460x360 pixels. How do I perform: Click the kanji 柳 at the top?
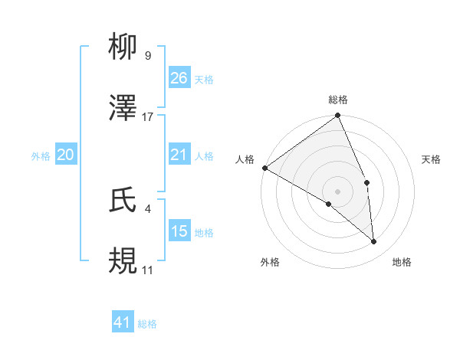pyautogui.click(x=123, y=48)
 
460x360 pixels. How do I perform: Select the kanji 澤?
pyautogui.click(x=123, y=109)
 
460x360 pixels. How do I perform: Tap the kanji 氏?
pyautogui.click(x=123, y=200)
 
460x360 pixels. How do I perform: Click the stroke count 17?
pyautogui.click(x=148, y=117)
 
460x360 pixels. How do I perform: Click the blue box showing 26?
pyautogui.click(x=179, y=78)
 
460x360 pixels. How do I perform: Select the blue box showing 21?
pyautogui.click(x=179, y=155)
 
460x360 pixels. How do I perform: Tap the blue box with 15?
pyautogui.click(x=179, y=231)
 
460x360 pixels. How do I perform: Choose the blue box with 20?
pyautogui.click(x=66, y=155)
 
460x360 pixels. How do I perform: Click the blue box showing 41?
pyautogui.click(x=123, y=323)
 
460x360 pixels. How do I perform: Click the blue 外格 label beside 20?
pyautogui.click(x=41, y=156)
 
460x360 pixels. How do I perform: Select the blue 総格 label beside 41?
pyautogui.click(x=147, y=324)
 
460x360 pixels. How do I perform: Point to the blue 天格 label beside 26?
pyautogui.click(x=203, y=79)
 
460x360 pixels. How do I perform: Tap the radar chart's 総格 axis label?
pyautogui.click(x=338, y=100)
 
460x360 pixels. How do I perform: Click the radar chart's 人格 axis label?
pyautogui.click(x=245, y=159)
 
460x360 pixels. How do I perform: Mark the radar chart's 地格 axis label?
pyautogui.click(x=402, y=263)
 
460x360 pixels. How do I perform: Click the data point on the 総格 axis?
pyautogui.click(x=338, y=116)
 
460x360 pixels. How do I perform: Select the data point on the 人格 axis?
pyautogui.click(x=264, y=168)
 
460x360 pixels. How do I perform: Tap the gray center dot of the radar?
pyautogui.click(x=337, y=191)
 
